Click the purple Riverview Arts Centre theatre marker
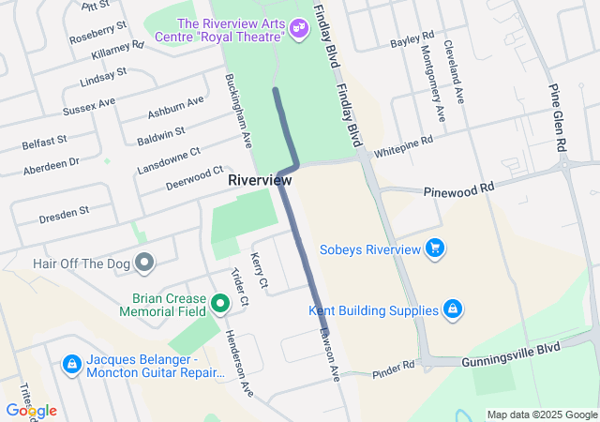(x=299, y=29)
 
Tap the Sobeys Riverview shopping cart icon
(x=434, y=249)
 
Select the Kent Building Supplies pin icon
(x=452, y=309)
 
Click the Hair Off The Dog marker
(x=144, y=264)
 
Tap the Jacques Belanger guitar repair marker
(x=70, y=363)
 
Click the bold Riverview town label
(x=260, y=179)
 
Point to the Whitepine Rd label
(x=403, y=145)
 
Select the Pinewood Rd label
(x=457, y=188)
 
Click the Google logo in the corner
(x=31, y=410)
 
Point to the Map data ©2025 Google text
(x=541, y=414)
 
